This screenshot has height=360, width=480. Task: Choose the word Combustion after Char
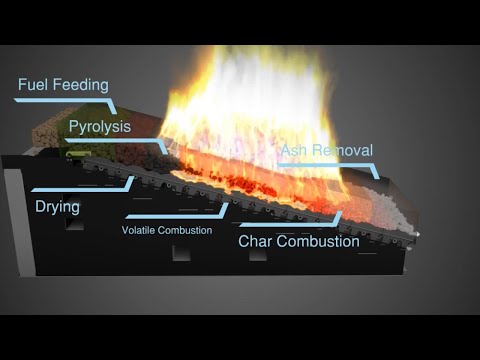[320, 241]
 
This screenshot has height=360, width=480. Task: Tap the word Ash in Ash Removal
[295, 151]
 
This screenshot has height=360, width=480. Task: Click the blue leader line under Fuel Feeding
[60, 99]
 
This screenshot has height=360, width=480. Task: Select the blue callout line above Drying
[80, 188]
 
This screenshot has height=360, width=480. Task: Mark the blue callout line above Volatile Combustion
[175, 215]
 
